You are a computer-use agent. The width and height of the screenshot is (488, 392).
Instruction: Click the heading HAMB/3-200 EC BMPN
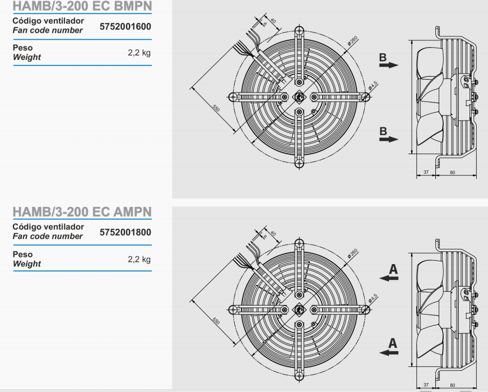82,6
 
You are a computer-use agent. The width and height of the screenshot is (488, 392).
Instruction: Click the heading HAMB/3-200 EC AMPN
82,212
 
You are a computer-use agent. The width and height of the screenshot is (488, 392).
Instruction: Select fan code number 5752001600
126,26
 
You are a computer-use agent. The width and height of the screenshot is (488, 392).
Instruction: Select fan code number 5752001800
126,232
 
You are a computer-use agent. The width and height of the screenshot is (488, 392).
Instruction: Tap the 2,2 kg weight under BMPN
139,53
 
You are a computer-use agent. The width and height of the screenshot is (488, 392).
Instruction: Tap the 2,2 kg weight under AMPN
139,259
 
